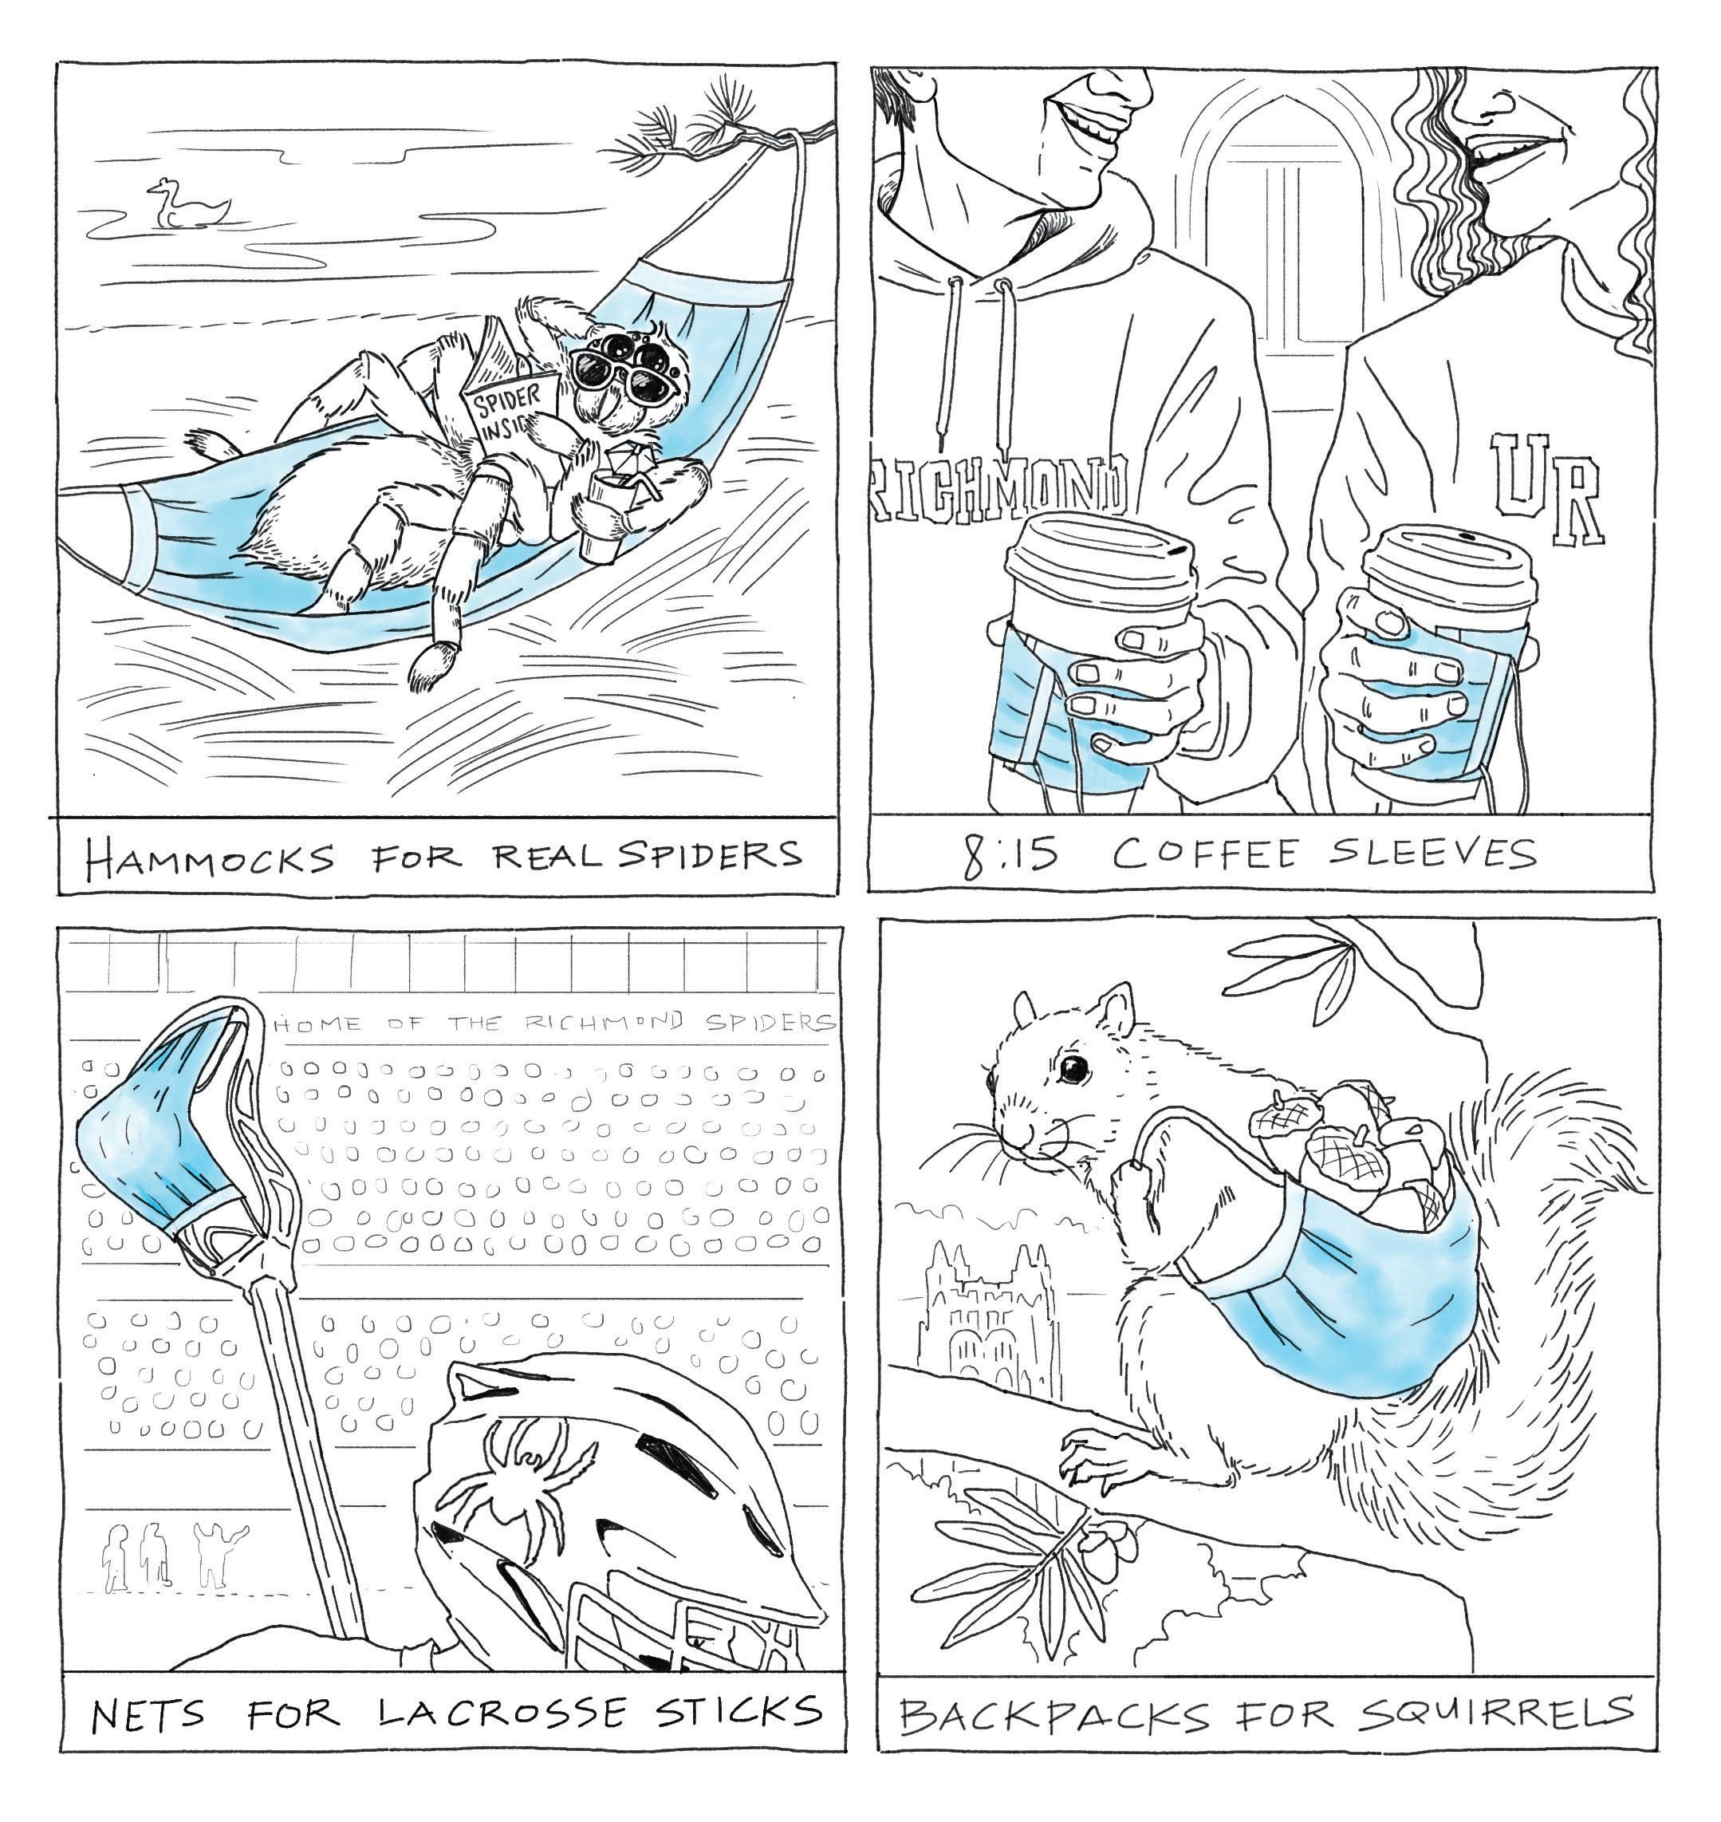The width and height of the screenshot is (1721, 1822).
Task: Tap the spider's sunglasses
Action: coord(617,371)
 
